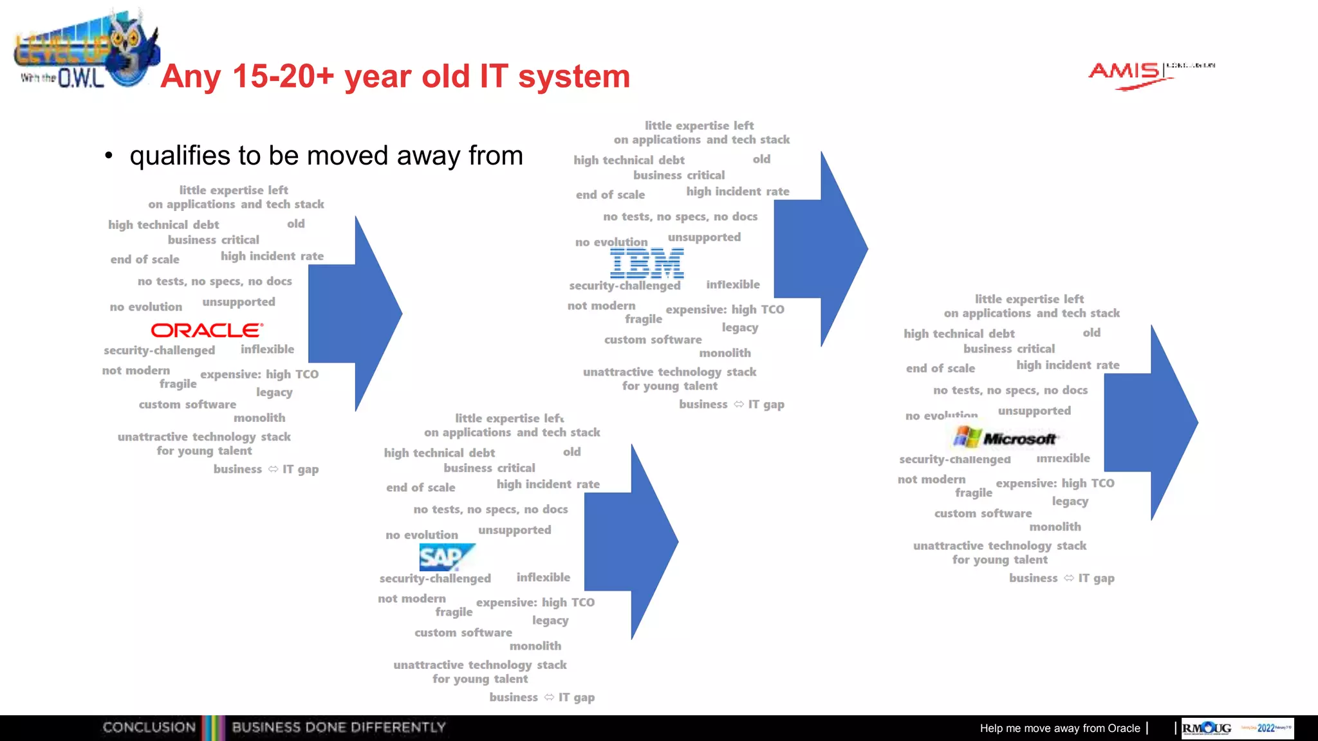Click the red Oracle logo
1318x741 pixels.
point(207,330)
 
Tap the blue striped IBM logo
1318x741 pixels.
point(647,263)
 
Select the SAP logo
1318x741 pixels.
point(446,557)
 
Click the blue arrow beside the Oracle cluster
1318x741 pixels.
point(360,314)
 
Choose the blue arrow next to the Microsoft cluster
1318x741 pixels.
point(1156,423)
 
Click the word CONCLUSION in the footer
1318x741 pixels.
point(149,727)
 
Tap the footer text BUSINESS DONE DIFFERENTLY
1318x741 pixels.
point(339,727)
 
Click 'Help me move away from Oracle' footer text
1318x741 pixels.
point(1059,728)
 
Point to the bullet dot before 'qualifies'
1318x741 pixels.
point(109,156)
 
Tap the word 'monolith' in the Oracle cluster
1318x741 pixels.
point(259,418)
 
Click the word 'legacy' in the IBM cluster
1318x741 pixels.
point(740,327)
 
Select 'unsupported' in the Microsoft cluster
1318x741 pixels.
point(1034,410)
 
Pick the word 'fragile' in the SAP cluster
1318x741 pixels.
point(454,612)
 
